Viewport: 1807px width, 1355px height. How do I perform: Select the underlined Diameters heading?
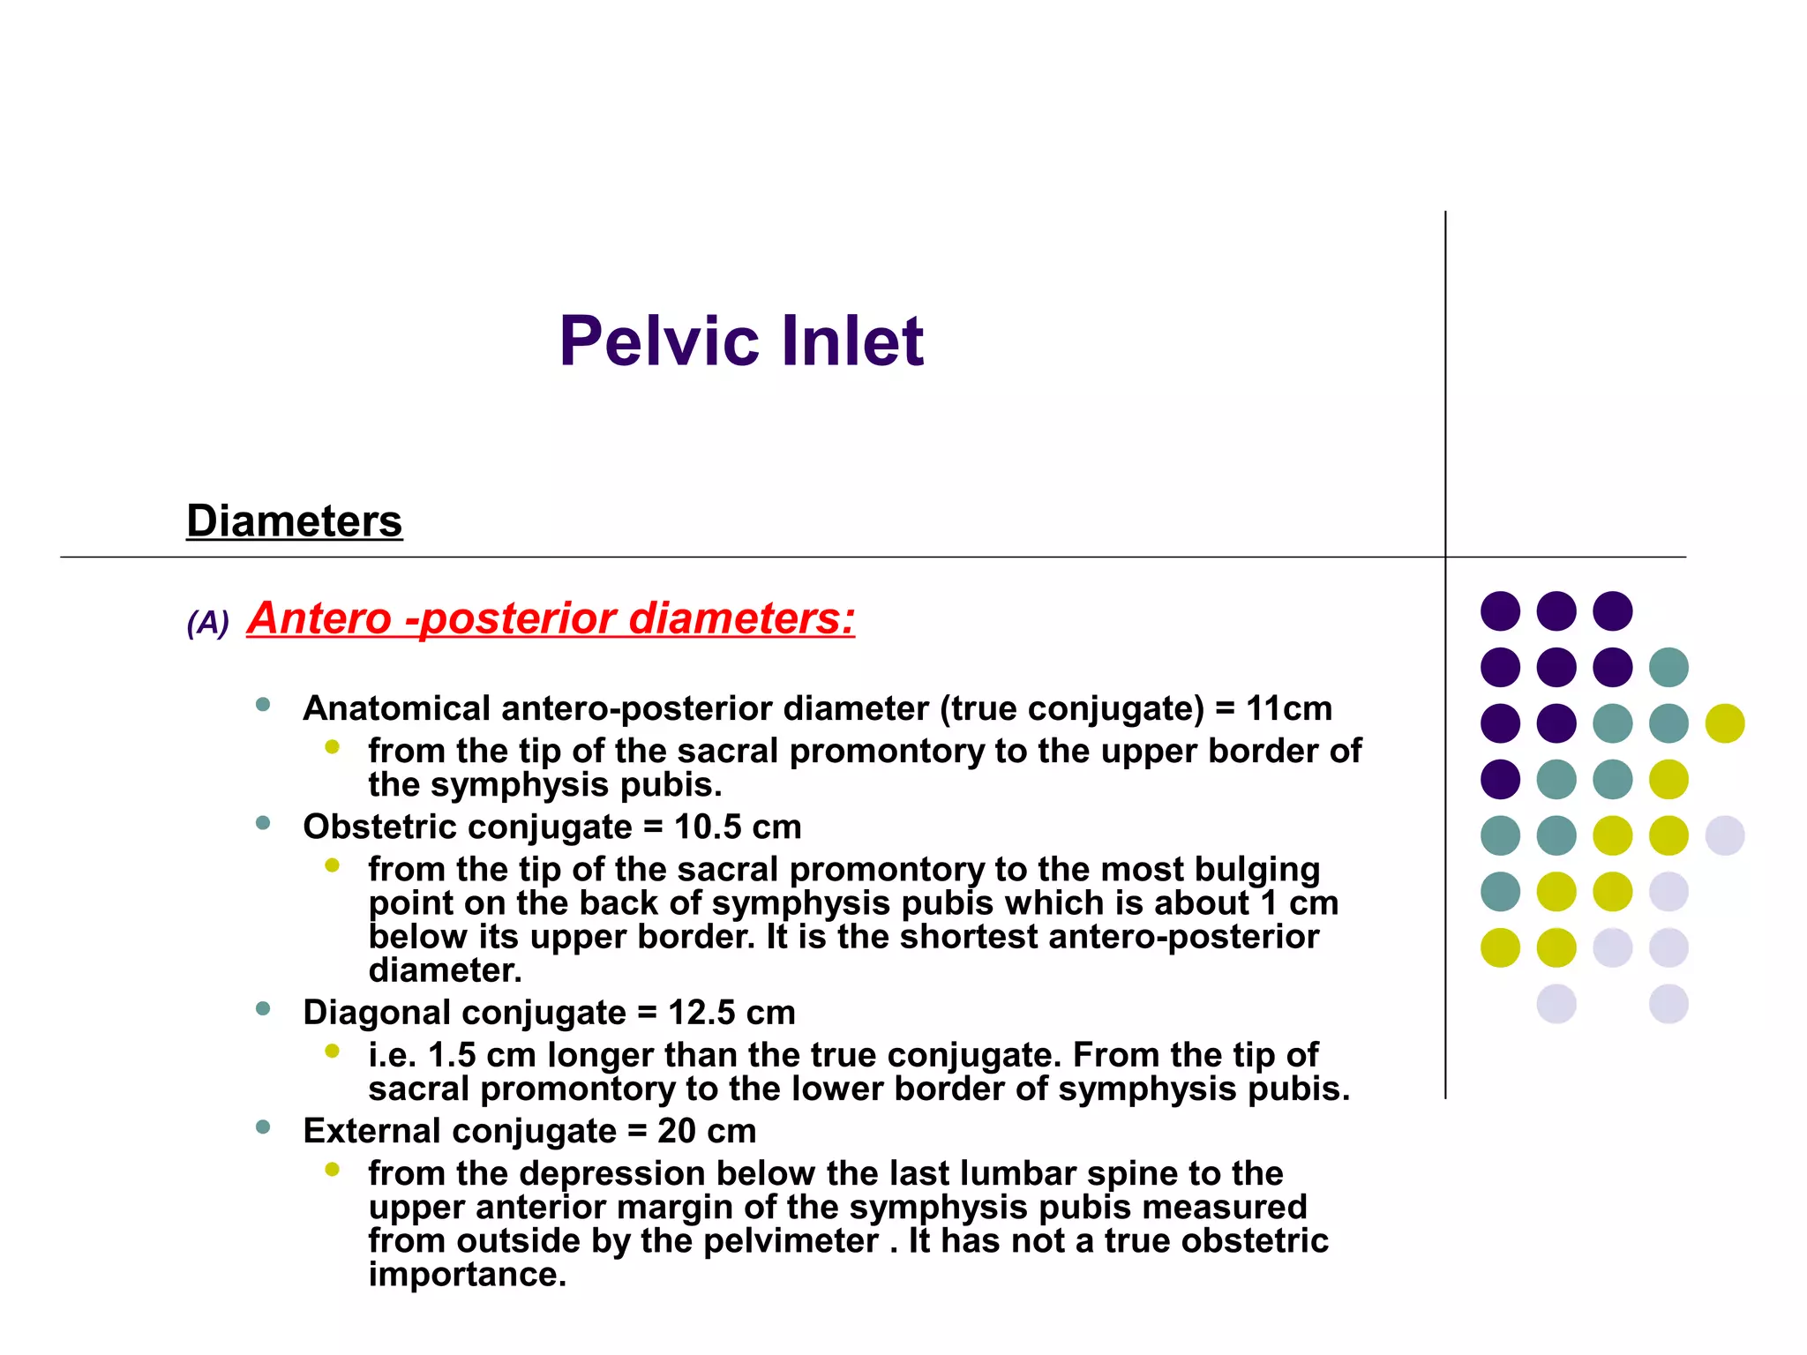tap(294, 520)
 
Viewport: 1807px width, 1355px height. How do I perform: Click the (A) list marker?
tap(207, 623)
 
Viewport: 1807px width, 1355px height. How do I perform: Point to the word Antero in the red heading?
tap(319, 618)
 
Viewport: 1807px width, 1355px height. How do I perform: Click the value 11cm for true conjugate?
tap(1288, 708)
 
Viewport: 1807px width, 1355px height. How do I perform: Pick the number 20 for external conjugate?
tap(676, 1131)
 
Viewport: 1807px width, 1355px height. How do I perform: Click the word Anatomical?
tap(396, 708)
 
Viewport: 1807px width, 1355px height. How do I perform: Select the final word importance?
tap(467, 1274)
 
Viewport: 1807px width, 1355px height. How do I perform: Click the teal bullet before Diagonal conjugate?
tap(262, 1009)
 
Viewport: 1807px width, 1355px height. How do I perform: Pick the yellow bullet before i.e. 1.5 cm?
tap(332, 1051)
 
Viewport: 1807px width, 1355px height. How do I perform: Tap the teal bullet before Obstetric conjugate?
tap(262, 824)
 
